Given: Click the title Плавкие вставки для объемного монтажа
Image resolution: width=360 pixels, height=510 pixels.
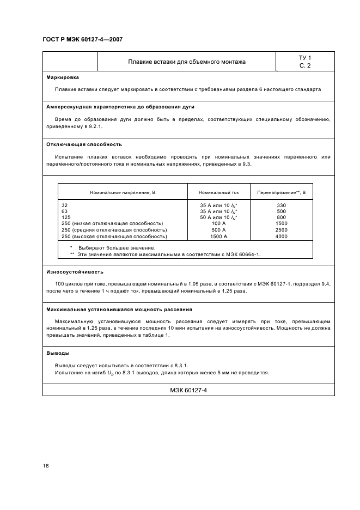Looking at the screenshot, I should click(187, 62).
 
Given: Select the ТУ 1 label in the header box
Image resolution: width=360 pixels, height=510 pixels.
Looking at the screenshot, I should click(305, 57).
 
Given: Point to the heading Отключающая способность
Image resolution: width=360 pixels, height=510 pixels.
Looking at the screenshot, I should click(84, 144).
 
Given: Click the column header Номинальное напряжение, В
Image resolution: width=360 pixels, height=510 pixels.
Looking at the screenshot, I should click(123, 192).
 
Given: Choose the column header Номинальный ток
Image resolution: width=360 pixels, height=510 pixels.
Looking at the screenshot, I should click(218, 192).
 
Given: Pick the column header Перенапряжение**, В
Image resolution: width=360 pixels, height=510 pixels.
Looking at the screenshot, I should click(281, 192).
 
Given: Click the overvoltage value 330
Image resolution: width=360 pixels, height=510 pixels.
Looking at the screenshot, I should click(281, 205).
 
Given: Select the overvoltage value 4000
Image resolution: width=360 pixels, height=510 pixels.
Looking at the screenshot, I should click(281, 236).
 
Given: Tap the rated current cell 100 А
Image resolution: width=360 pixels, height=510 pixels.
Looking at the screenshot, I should click(218, 224).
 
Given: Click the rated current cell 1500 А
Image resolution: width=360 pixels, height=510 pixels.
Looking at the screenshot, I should click(218, 236).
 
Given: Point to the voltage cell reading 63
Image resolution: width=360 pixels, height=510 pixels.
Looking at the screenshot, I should click(65, 211).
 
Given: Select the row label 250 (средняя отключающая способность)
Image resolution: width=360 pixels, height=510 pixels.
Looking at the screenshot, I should click(113, 230).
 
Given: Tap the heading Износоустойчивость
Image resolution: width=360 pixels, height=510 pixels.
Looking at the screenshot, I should click(75, 271).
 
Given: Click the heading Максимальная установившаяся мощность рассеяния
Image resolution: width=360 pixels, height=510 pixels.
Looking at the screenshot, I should click(119, 309).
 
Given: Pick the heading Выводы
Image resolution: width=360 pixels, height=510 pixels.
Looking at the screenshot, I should click(58, 353).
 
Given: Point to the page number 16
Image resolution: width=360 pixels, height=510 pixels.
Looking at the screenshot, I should click(46, 466).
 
